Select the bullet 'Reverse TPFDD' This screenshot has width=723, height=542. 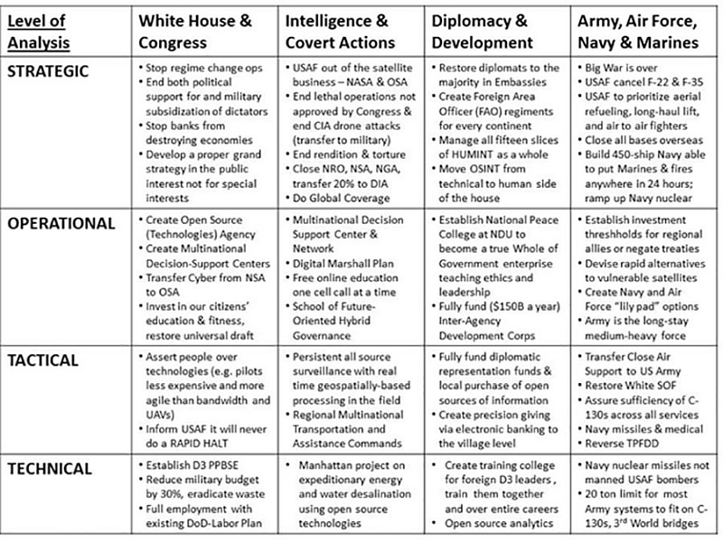624,444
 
